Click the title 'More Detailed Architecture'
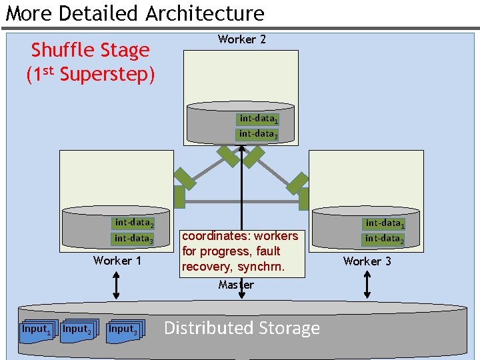[135, 13]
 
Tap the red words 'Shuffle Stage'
[91, 50]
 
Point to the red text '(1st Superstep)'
[91, 74]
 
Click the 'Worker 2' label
[241, 39]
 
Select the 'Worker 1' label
[117, 261]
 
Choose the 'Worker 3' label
[367, 261]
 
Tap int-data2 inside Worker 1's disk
[134, 223]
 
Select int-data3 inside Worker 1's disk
[134, 238]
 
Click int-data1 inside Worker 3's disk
[384, 224]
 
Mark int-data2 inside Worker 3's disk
[384, 239]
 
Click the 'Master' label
[236, 285]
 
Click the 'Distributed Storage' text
[241, 328]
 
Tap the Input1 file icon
[35, 330]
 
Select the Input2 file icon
[76, 330]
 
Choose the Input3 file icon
[123, 330]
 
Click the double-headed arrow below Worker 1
[117, 285]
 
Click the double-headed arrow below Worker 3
[367, 285]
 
